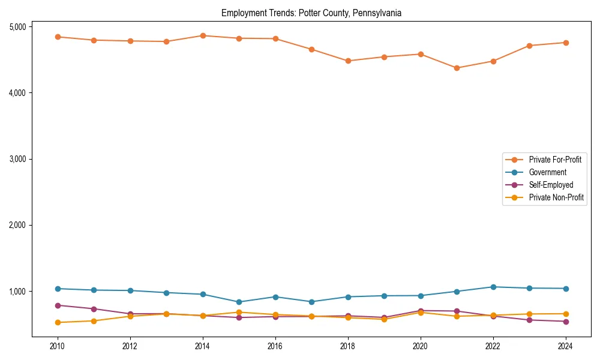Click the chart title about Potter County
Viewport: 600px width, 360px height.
coord(311,13)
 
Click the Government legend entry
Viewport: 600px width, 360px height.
coord(547,172)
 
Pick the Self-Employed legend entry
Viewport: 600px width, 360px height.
coord(551,185)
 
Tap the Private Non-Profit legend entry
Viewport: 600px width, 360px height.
coord(556,197)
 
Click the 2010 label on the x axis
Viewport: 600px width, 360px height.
coord(58,346)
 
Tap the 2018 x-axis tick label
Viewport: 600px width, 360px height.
coord(348,346)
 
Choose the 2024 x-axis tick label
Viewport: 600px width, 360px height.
coord(566,346)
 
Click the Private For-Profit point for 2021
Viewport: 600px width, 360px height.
coord(457,68)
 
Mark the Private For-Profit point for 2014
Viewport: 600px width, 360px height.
coord(203,35)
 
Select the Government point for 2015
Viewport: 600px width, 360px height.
coord(239,302)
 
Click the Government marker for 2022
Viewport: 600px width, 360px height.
coord(493,287)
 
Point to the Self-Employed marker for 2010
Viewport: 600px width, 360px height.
coord(58,305)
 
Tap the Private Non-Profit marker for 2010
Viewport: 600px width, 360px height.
coord(58,322)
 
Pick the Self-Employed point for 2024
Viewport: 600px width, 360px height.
coord(566,322)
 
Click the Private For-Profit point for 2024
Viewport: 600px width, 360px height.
coord(566,43)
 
